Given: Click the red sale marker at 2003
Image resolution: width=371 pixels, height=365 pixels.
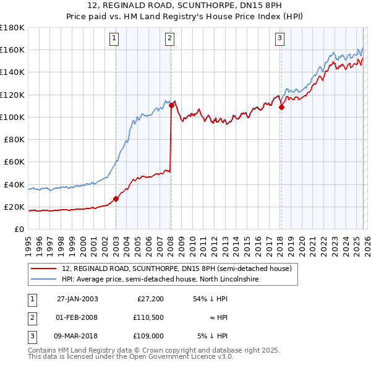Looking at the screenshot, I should pyautogui.click(x=116, y=199).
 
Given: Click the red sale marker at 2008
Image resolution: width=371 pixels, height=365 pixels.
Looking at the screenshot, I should pyautogui.click(x=171, y=105).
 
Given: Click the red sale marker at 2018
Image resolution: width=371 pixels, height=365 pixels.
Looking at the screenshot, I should pyautogui.click(x=281, y=107).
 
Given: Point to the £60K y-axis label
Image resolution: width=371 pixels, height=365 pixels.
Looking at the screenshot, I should pyautogui.click(x=14, y=162).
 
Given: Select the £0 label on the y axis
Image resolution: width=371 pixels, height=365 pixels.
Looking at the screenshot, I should pyautogui.click(x=19, y=230).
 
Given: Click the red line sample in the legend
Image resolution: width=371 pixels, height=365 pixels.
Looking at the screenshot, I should pyautogui.click(x=44, y=268).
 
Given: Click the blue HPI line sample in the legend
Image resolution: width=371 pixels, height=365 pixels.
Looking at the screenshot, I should pyautogui.click(x=44, y=280).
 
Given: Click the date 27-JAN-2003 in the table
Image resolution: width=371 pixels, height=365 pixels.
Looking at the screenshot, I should pyautogui.click(x=77, y=299).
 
